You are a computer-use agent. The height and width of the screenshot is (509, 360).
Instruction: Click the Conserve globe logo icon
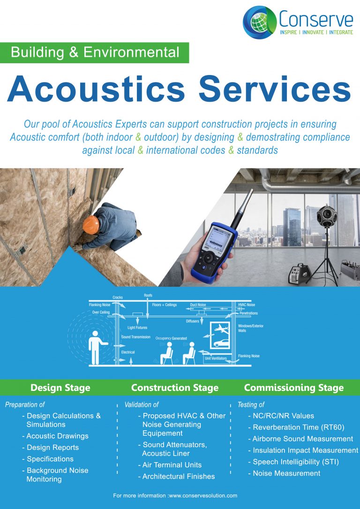259,22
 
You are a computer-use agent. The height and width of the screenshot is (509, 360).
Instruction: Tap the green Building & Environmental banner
94,52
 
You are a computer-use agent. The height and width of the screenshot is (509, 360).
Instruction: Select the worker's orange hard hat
91,224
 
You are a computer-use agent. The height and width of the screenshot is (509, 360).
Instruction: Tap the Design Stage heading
60,388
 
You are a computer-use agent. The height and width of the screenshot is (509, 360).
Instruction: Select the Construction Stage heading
175,388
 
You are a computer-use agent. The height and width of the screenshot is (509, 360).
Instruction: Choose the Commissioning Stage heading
294,388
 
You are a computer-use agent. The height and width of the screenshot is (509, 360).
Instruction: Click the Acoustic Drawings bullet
57,436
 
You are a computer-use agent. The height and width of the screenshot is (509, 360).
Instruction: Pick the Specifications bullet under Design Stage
50,459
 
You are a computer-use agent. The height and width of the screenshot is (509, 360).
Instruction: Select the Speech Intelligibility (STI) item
295,462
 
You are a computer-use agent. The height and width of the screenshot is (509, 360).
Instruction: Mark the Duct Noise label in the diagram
198,305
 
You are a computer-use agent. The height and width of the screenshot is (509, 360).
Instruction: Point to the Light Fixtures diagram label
138,328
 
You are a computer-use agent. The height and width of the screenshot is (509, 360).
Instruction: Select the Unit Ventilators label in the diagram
216,358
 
